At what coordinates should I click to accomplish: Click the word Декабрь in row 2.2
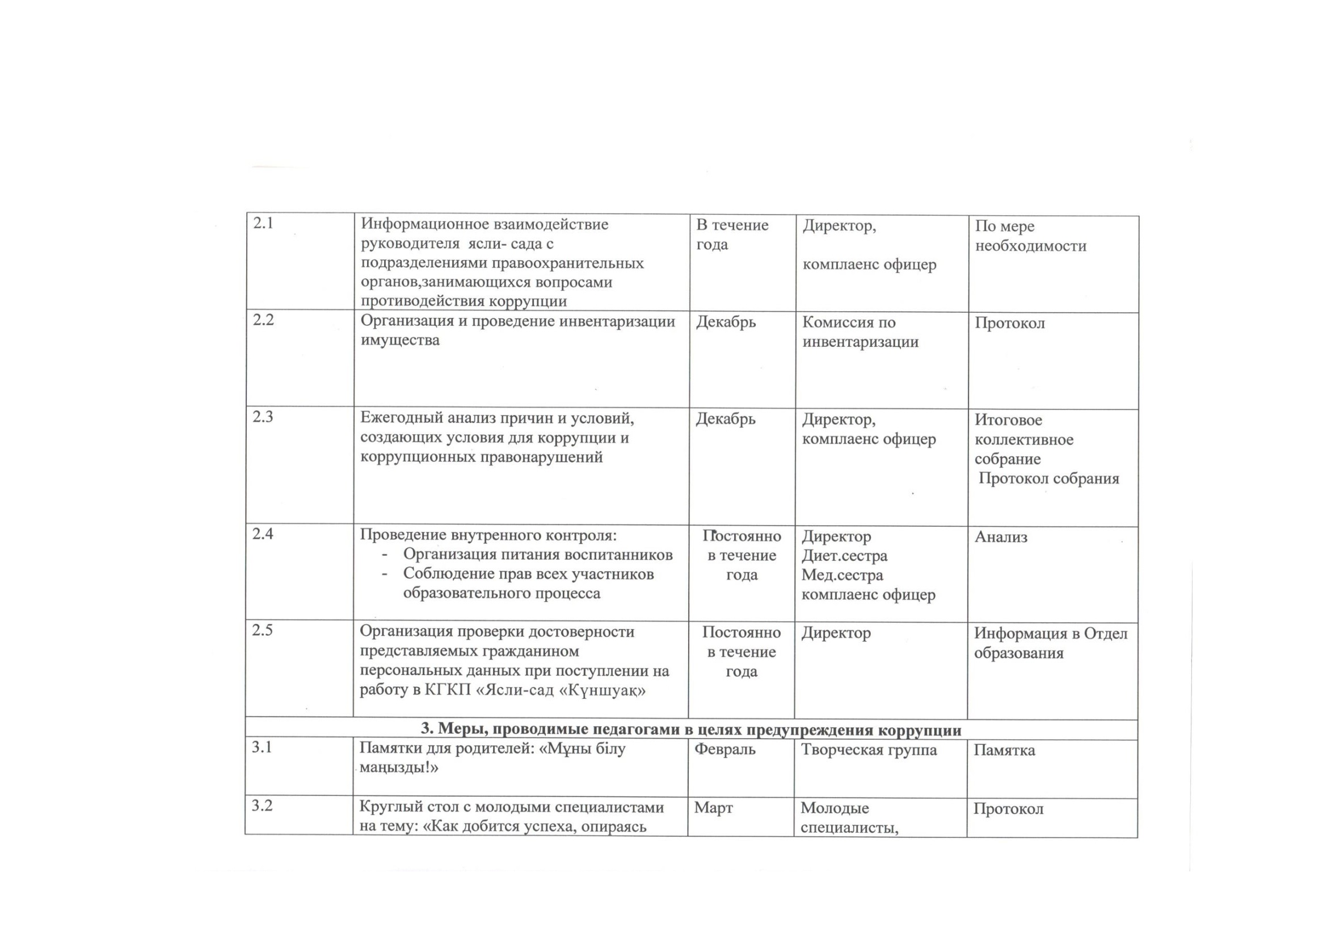click(726, 321)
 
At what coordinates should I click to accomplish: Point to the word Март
click(713, 808)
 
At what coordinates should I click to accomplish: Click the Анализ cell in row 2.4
click(1001, 537)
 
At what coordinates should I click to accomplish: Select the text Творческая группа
click(869, 750)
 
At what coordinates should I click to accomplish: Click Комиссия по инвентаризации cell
click(860, 332)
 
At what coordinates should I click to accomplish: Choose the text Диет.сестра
click(844, 556)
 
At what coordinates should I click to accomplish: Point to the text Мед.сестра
click(842, 575)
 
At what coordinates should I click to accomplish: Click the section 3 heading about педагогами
click(690, 730)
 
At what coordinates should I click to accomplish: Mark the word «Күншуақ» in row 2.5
click(604, 690)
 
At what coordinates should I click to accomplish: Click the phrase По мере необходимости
click(1030, 236)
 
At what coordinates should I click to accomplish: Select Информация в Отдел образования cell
click(1050, 643)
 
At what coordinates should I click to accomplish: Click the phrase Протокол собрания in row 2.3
click(1048, 479)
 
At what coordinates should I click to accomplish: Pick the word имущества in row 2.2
click(400, 340)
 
